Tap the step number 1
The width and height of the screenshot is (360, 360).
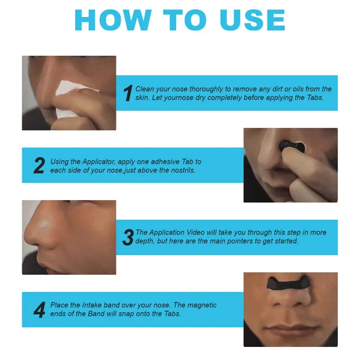point(128,93)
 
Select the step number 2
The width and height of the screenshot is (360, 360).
point(39,166)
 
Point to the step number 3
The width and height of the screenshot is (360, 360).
point(128,237)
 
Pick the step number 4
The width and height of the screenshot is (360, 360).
point(39,310)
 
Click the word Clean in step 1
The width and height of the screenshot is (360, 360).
point(145,89)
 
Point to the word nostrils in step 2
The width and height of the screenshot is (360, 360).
point(181,171)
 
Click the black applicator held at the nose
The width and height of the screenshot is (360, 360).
point(288,146)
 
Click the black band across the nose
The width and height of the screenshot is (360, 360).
point(289,285)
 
